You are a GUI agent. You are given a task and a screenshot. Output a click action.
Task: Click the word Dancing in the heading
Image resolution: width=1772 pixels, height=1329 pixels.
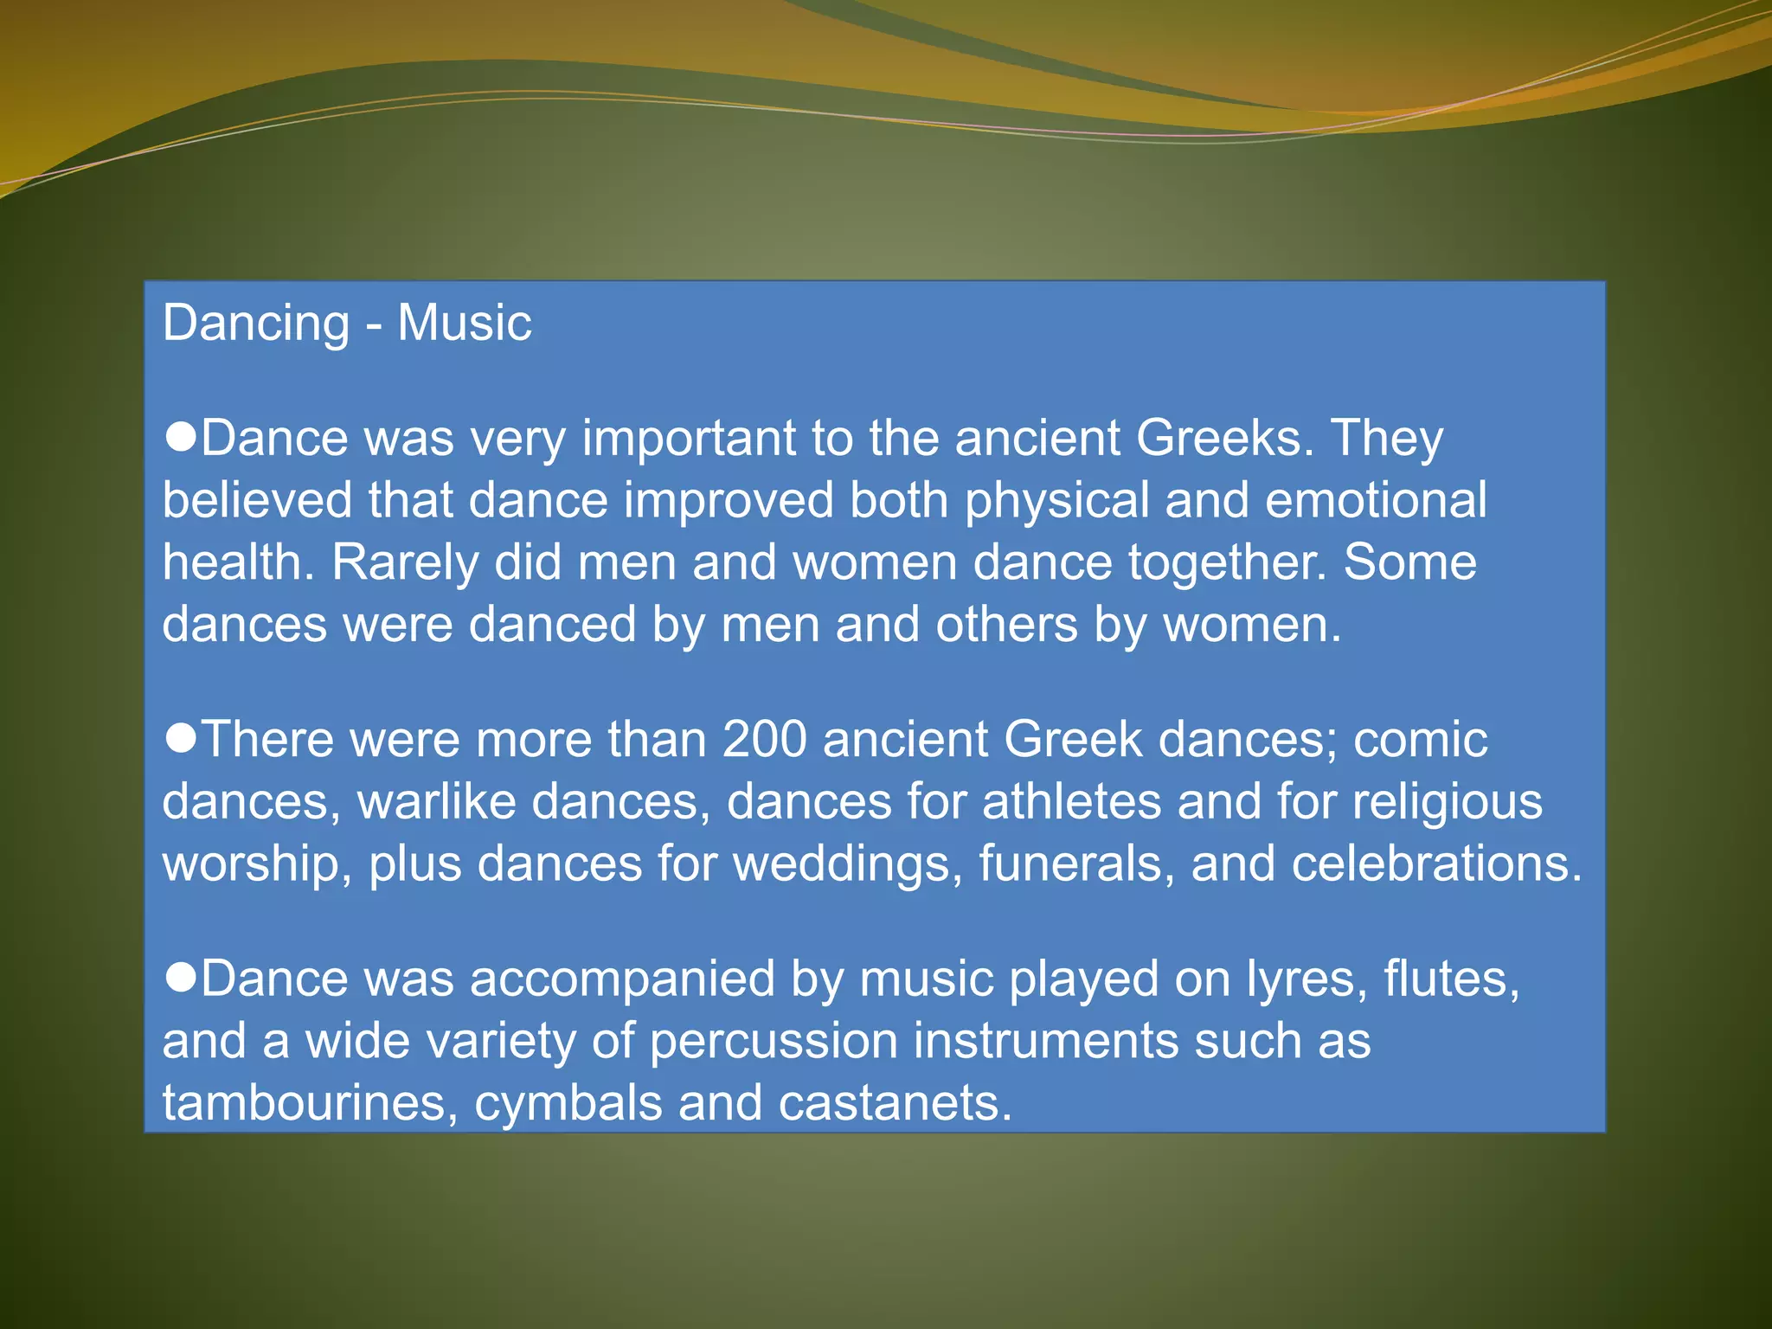256,324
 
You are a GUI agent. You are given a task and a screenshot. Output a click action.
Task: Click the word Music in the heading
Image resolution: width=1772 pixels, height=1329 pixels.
464,323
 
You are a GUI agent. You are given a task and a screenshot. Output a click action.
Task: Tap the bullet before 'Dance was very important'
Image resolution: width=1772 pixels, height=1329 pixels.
181,437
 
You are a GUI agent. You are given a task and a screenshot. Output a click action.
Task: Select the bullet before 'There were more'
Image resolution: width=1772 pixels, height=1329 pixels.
181,739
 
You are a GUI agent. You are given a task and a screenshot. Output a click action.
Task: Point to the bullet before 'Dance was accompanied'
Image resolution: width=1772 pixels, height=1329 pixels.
181,978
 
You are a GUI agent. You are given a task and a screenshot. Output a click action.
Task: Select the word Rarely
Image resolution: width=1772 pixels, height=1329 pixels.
405,562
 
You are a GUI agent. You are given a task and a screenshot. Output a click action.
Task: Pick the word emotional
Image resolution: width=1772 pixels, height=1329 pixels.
1376,500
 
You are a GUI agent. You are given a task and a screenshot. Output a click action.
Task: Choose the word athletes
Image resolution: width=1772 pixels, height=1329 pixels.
1072,801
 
